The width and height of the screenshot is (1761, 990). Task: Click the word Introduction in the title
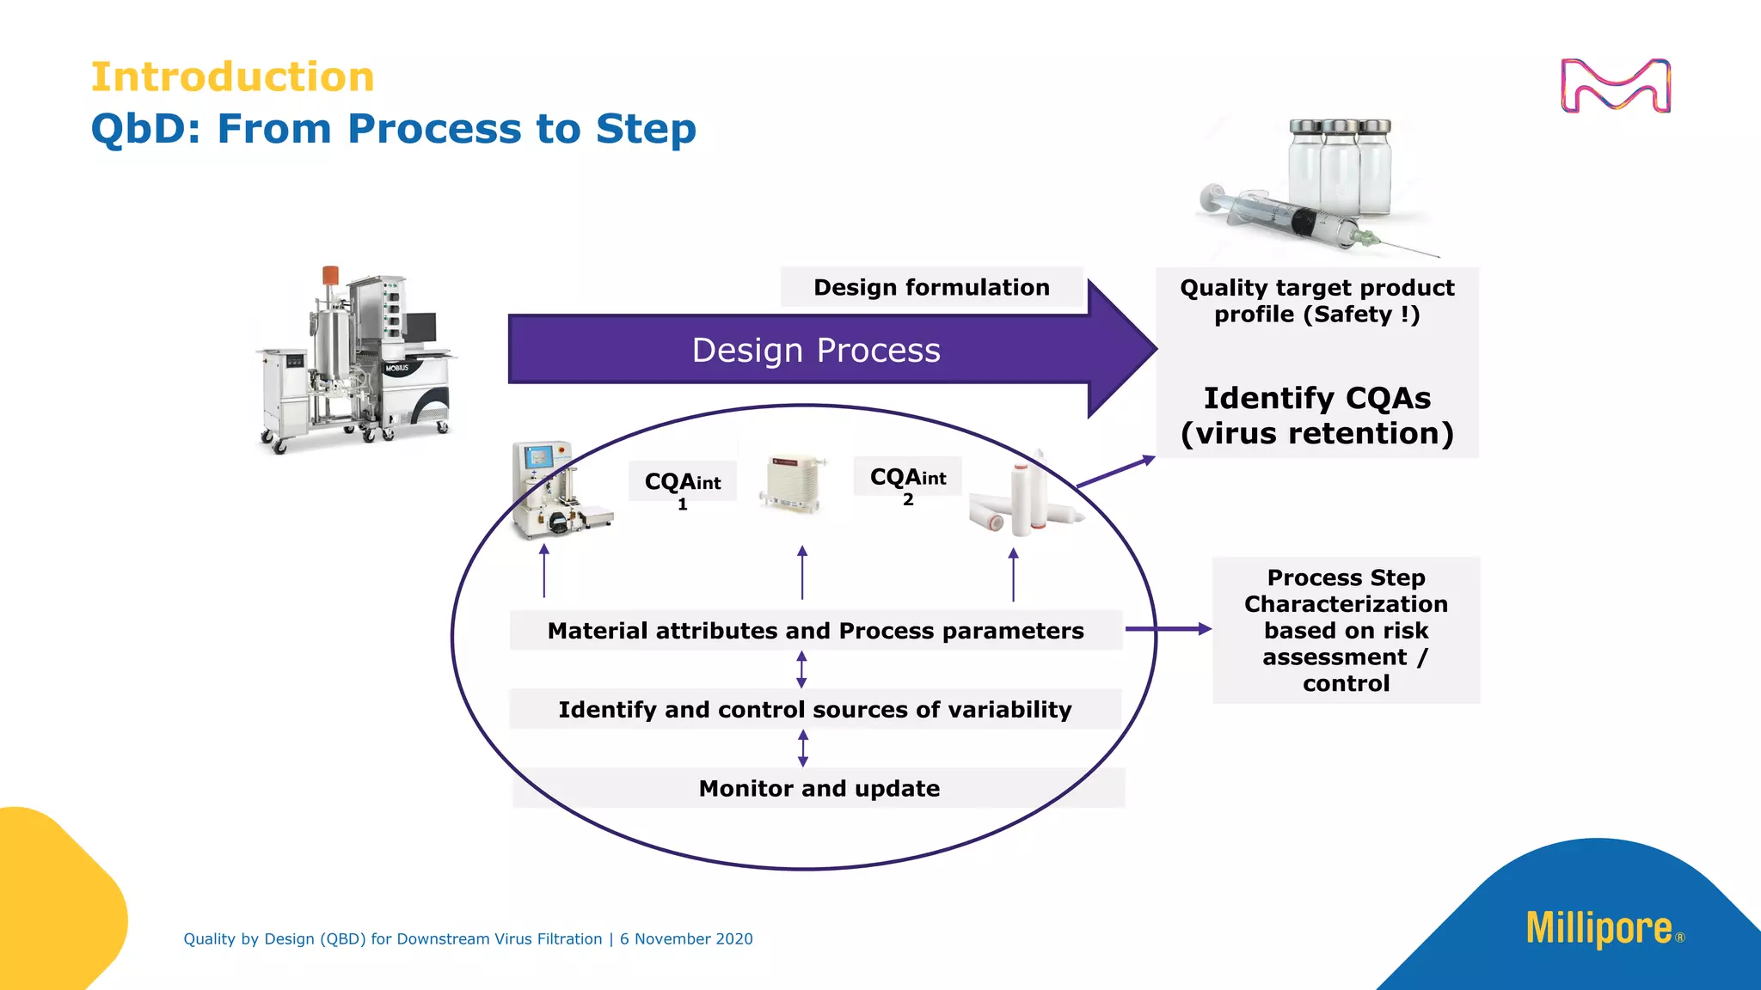[x=232, y=77]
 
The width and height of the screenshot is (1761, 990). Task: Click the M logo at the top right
[x=1615, y=86]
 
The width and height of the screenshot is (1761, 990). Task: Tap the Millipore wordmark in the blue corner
[x=1598, y=929]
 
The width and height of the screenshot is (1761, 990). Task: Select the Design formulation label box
[x=931, y=287]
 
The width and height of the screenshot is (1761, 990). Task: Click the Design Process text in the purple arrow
[x=815, y=351]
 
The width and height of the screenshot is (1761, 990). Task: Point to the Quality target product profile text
[x=1316, y=301]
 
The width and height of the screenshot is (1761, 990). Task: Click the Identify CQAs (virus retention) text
[x=1316, y=416]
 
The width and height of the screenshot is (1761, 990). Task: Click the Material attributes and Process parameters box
[x=815, y=631]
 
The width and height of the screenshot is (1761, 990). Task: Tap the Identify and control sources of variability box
[x=815, y=710]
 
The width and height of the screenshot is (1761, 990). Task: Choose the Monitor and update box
[x=819, y=788]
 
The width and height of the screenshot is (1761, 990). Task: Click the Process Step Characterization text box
[x=1346, y=630]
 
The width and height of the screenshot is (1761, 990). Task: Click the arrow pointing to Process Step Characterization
[x=1167, y=629]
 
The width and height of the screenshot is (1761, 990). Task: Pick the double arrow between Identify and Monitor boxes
[x=803, y=749]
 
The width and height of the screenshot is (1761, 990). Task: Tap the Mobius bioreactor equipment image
[x=357, y=361]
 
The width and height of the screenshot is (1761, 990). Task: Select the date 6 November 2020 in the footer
[x=686, y=939]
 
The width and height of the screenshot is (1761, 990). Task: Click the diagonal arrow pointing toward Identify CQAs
[x=1115, y=473]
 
